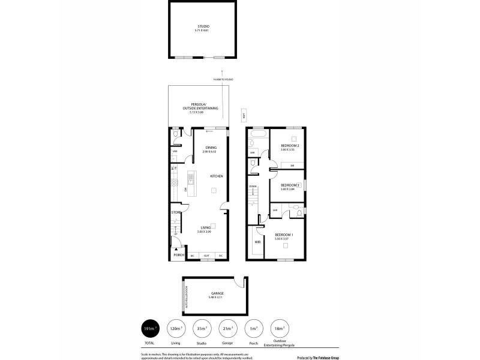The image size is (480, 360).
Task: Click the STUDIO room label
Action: [204, 26]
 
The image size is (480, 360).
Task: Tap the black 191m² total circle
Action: [150, 328]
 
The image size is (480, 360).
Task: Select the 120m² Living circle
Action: [176, 328]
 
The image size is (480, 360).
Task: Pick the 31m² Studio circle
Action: [202, 328]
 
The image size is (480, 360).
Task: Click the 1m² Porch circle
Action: [254, 328]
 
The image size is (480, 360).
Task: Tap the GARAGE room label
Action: [217, 293]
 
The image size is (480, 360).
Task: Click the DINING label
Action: [211, 148]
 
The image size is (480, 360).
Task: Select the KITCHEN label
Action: [216, 176]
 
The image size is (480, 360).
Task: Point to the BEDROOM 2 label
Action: [290, 145]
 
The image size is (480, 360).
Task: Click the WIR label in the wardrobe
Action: [257, 242]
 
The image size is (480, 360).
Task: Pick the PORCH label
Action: [179, 255]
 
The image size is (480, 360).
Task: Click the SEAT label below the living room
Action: [206, 256]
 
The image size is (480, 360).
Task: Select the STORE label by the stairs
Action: [176, 212]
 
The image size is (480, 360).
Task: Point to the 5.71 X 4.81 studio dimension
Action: [204, 30]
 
